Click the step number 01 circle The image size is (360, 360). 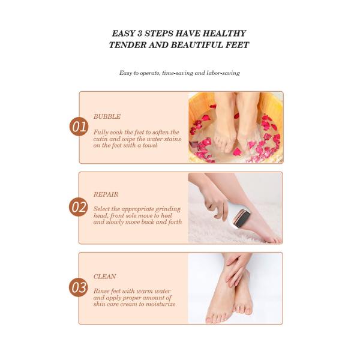tap(79, 127)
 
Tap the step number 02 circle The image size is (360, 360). tap(79, 207)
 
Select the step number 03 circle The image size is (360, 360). tap(79, 287)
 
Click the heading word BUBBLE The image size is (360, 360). tap(107, 116)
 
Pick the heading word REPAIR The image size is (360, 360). tap(106, 194)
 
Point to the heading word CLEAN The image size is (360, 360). tap(104, 277)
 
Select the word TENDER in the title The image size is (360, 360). tap(127, 45)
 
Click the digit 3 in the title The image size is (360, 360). tap(140, 34)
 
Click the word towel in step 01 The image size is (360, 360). tap(150, 145)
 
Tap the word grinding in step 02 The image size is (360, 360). tap(168, 209)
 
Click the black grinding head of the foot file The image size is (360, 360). tap(242, 219)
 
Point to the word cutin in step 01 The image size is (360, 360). tap(100, 139)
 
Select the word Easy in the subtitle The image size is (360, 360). tap(125, 73)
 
